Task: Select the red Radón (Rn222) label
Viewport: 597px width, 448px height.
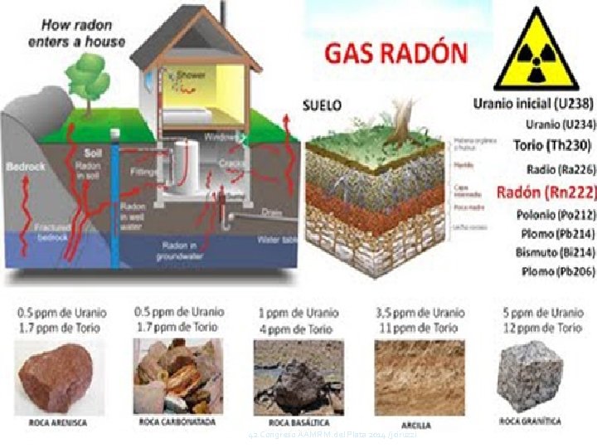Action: pyautogui.click(x=546, y=192)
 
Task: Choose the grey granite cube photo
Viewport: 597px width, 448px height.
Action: pyautogui.click(x=531, y=374)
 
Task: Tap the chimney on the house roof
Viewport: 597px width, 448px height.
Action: pyautogui.click(x=223, y=11)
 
